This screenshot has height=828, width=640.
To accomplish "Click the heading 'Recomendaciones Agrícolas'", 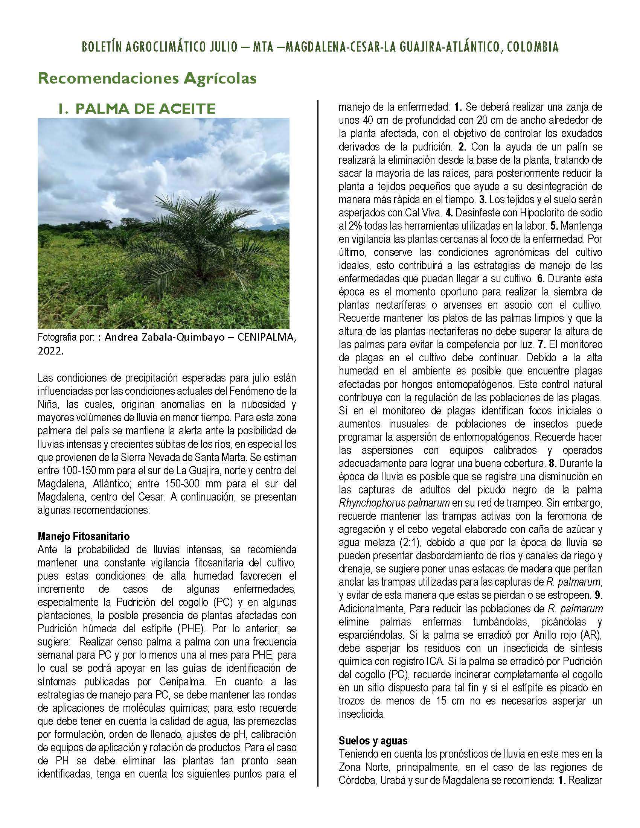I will pos(147,79).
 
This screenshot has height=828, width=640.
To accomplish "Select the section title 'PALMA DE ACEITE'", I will pos(145,109).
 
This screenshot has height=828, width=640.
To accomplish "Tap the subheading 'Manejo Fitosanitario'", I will pos(84,536).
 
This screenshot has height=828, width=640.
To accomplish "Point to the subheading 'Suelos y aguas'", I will pos(373,740).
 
